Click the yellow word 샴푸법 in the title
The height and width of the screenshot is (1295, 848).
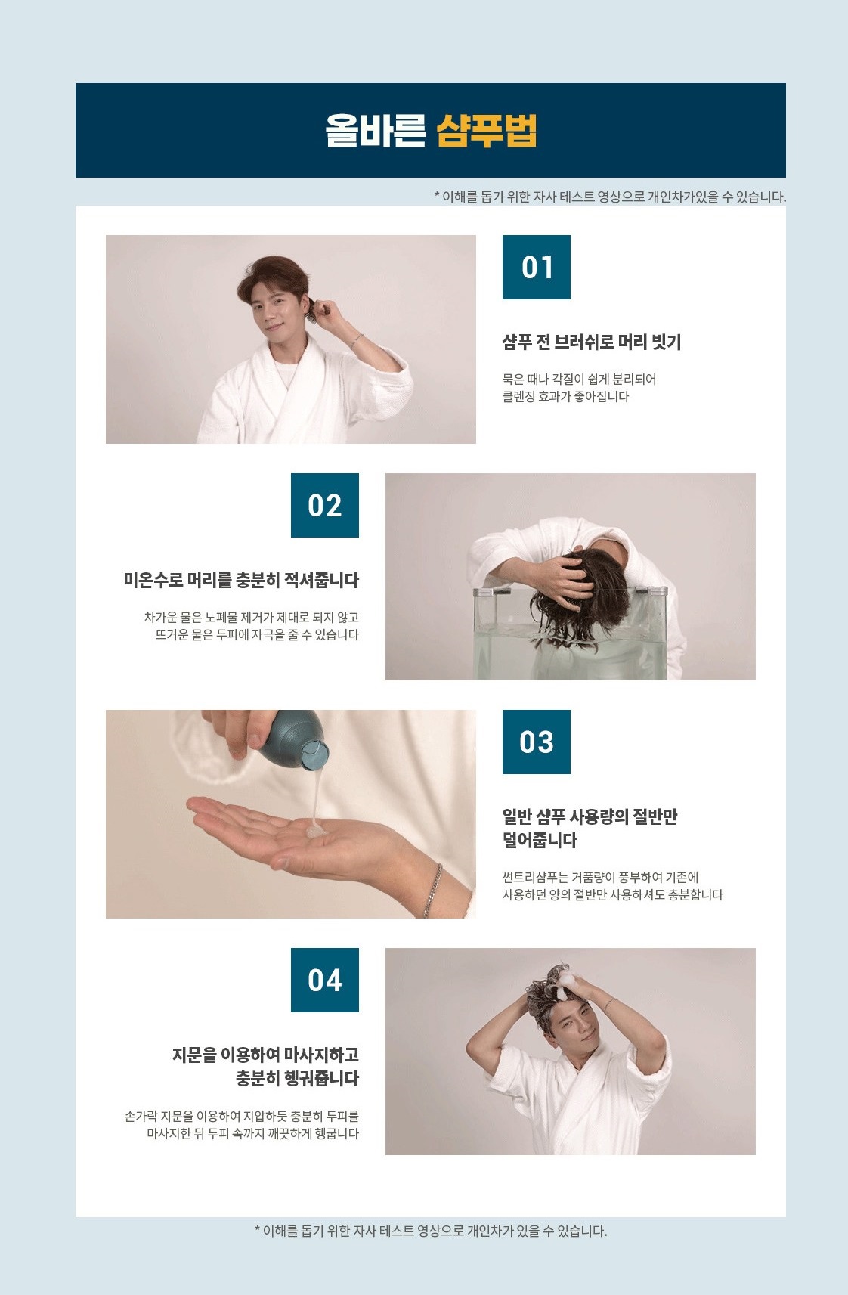486,130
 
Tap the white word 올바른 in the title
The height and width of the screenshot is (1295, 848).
375,130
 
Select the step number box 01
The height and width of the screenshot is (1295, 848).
536,267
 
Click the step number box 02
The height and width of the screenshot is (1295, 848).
324,505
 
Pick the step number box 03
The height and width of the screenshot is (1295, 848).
536,742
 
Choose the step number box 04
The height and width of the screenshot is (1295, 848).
324,980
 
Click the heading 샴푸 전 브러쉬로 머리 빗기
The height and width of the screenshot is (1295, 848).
591,342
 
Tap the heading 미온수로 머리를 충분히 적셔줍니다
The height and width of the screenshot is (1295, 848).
241,580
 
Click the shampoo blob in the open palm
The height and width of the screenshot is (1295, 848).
316,830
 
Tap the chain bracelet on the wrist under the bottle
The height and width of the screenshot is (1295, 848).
433,891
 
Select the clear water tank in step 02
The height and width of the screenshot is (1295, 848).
570,633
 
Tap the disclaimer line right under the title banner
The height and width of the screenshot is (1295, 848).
610,197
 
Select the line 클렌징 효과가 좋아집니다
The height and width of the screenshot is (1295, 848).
565,397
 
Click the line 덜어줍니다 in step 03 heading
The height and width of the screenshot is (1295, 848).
540,840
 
